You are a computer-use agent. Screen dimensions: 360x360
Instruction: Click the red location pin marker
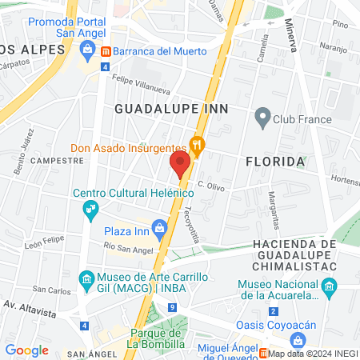tap(180, 164)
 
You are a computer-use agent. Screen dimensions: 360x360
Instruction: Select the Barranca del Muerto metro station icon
tap(106, 51)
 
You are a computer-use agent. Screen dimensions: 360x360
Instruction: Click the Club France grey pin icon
tap(262, 119)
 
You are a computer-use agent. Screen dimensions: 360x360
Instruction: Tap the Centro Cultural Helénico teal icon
tap(90, 210)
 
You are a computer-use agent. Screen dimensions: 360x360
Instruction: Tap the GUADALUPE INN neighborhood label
tap(171, 107)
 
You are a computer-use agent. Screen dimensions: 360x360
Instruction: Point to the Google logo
tap(26, 350)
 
